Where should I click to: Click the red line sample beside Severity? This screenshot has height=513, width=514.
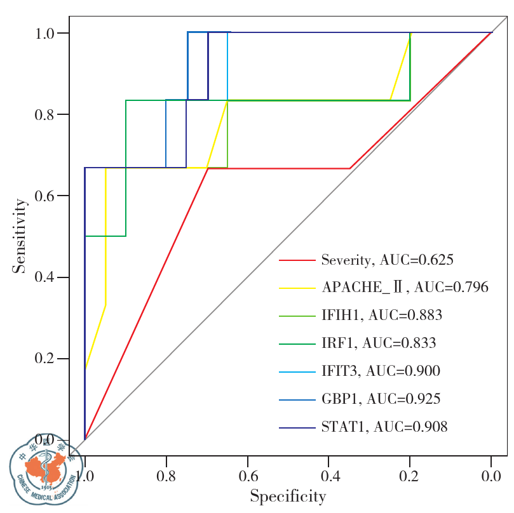[297, 260]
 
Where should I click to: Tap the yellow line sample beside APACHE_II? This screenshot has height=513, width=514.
[297, 288]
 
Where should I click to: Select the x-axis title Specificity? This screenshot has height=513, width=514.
[288, 496]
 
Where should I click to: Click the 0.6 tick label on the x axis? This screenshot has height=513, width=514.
[247, 475]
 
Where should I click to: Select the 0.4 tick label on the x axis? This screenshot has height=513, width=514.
[328, 475]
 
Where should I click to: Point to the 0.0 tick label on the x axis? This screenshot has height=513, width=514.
[490, 475]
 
